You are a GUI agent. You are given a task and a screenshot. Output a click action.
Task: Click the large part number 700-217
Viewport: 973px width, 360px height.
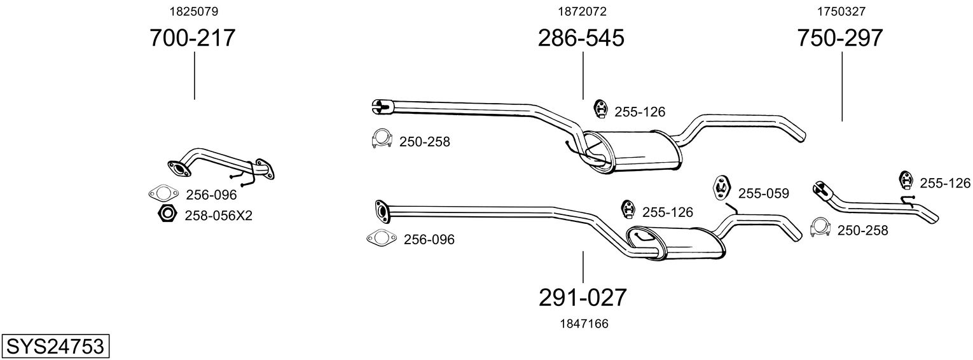coord(193,38)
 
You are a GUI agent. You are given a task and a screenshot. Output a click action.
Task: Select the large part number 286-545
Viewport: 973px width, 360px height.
coord(581,38)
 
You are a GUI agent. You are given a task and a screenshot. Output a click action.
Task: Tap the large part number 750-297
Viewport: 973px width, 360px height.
coord(840,38)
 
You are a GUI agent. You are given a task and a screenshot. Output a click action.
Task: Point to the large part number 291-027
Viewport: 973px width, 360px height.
coord(583,297)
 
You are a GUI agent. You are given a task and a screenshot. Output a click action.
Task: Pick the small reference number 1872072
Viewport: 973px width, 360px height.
coord(582,11)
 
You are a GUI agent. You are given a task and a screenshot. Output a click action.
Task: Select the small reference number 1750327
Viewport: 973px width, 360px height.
coord(841,11)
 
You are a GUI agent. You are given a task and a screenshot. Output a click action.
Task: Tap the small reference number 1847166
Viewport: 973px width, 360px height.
coord(584,324)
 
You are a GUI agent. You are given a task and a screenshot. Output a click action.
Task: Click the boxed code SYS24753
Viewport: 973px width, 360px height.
coord(55,347)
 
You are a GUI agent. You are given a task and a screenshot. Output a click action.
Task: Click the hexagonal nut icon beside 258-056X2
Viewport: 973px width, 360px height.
coord(167,214)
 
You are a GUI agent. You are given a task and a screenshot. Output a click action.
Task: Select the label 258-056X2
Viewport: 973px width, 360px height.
coord(218,216)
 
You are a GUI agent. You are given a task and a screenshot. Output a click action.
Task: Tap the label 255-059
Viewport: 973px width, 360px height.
coord(763,193)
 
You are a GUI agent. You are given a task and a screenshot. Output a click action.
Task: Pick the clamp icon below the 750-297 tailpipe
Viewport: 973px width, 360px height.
coord(821,228)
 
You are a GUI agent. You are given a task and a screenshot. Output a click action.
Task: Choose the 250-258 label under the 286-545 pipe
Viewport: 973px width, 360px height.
coord(424,142)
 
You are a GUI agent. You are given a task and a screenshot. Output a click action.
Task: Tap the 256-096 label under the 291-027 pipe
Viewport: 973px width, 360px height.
coord(429,240)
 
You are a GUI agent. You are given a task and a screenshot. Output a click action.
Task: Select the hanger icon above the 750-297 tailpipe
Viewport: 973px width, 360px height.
coord(906,181)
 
